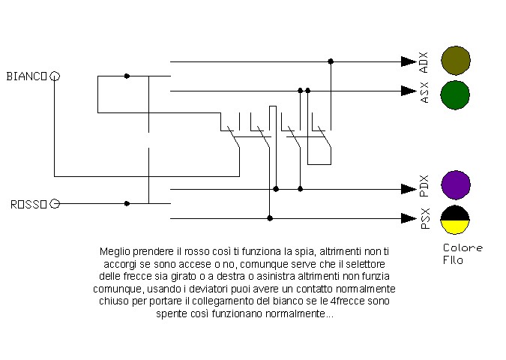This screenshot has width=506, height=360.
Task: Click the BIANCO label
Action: click(x=27, y=76)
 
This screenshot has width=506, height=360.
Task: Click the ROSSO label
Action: click(x=28, y=205)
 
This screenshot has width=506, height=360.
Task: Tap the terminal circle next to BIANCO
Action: click(x=55, y=76)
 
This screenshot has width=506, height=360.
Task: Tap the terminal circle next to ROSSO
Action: click(x=55, y=204)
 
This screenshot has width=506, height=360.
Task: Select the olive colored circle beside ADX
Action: click(x=456, y=61)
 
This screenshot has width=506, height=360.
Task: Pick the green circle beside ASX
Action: click(x=455, y=95)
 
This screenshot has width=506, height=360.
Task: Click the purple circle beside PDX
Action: click(x=456, y=185)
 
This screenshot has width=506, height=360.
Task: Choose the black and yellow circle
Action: click(x=455, y=220)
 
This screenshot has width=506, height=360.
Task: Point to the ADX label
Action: click(x=424, y=62)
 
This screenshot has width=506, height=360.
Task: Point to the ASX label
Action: click(x=425, y=93)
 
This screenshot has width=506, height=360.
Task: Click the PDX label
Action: click(x=424, y=186)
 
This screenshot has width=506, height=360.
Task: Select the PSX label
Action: click(x=426, y=218)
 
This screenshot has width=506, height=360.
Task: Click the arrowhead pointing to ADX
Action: click(x=409, y=61)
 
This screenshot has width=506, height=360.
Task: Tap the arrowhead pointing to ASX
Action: click(x=409, y=91)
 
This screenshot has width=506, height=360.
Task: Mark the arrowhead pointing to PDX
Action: click(x=409, y=189)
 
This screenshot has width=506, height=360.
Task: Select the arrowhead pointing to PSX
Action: click(x=409, y=218)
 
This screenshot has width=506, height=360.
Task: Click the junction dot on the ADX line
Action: click(x=331, y=61)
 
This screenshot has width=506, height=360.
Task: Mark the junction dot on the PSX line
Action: click(x=270, y=218)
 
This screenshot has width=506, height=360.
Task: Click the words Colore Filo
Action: click(x=463, y=254)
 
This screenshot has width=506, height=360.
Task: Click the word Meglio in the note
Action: click(x=115, y=251)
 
